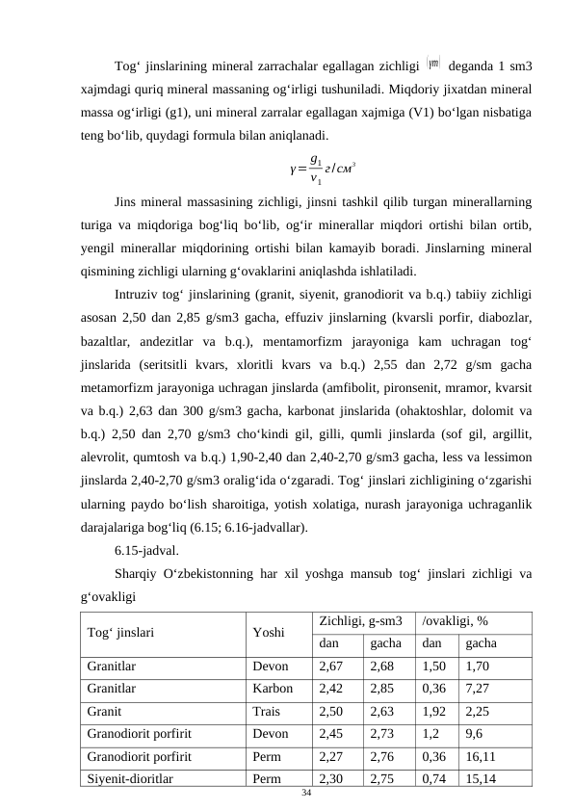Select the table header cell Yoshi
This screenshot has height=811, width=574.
268,633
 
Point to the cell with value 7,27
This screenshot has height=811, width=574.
478,689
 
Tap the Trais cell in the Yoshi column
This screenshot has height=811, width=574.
267,712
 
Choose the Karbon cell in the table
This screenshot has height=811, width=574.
273,689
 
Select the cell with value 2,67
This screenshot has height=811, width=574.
331,666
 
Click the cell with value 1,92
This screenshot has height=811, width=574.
434,712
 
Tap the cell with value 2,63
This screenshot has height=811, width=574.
383,712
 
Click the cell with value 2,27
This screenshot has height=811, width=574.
331,757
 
